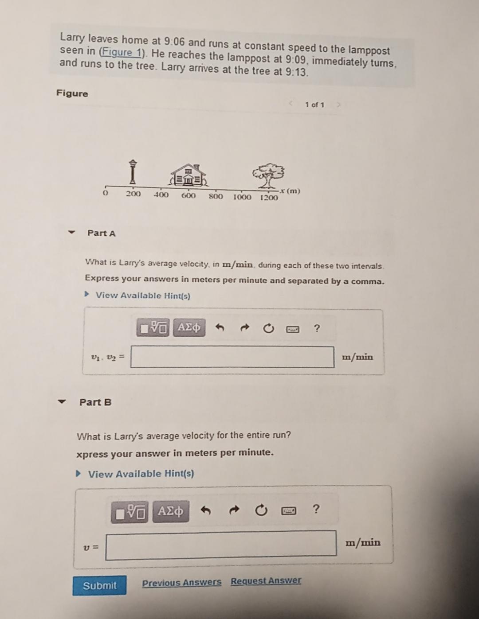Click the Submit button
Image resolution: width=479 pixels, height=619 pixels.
pos(99,585)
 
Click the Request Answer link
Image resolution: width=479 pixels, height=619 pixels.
pos(266,580)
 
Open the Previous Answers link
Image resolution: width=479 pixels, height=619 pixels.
pos(181,582)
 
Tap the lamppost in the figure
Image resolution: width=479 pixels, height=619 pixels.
pos(132,173)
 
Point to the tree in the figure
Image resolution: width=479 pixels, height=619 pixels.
pos(268,175)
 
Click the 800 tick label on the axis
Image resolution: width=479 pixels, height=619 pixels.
pos(216,196)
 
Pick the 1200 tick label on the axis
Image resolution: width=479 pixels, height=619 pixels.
pos(269,198)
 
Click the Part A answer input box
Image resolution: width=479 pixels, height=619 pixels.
pos(232,357)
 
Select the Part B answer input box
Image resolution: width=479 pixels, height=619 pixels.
pos(221,543)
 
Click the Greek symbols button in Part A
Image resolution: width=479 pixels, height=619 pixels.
pos(189,327)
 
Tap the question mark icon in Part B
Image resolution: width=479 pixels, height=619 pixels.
pos(316,509)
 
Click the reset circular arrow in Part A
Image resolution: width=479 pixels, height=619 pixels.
pos(268,329)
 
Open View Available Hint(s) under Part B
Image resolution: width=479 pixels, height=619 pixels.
pos(141,474)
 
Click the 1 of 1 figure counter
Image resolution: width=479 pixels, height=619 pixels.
pos(314,105)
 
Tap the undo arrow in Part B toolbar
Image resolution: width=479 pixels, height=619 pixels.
pos(205,510)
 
